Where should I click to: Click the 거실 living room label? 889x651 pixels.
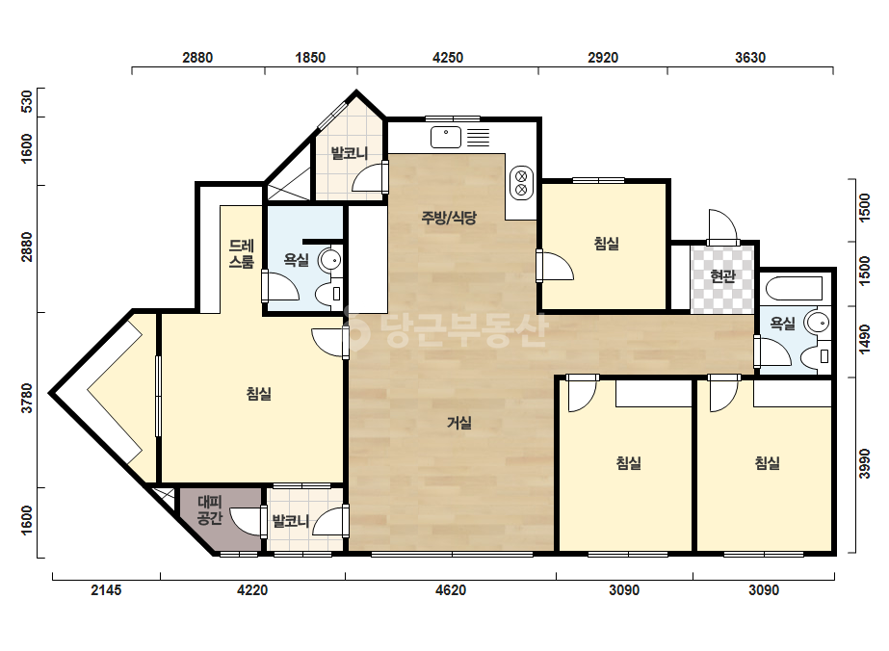pos(459,423)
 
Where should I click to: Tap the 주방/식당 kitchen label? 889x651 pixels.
pos(449,218)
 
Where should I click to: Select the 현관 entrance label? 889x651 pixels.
pos(722,276)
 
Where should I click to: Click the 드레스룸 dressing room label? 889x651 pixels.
pos(242,254)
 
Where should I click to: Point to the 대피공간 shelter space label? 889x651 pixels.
pos(210,509)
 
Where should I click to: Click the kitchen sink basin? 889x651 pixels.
pos(446,138)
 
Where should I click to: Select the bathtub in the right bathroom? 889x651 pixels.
pos(794,288)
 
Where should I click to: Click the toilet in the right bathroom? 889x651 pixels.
pos(817,356)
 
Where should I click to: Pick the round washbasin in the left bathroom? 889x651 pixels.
pos(329,260)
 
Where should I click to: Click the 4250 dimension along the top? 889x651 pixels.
pos(448,58)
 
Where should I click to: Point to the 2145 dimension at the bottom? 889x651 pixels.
pos(107,590)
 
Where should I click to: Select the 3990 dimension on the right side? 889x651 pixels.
pos(864,464)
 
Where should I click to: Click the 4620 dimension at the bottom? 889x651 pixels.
pos(451,590)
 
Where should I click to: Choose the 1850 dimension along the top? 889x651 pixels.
pos(311,58)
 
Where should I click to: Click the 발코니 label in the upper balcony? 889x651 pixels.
pos(350,153)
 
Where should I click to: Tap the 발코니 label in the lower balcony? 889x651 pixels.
pos(291,521)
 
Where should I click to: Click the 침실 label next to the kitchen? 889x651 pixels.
pos(606,244)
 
